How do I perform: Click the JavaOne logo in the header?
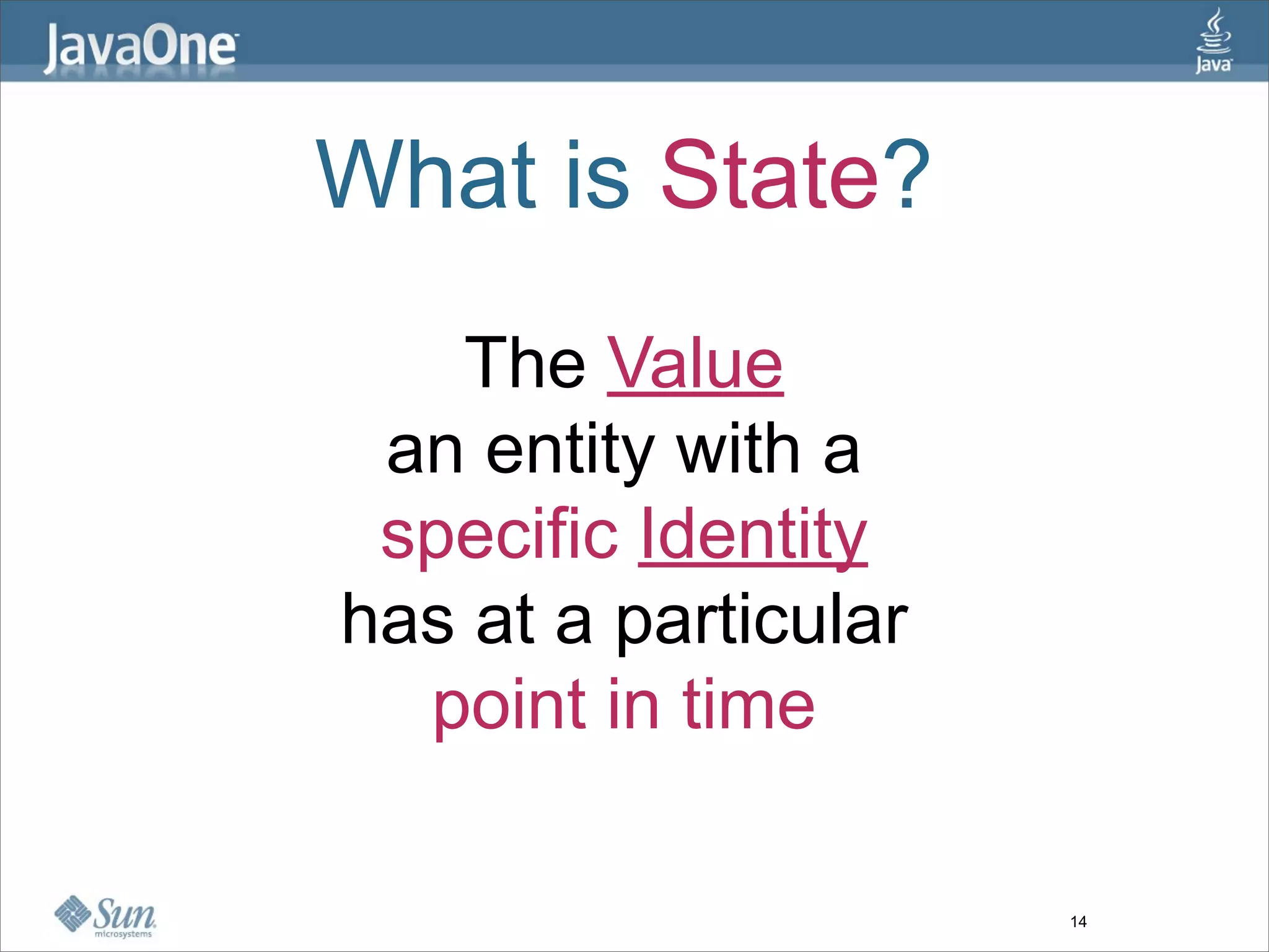(x=140, y=48)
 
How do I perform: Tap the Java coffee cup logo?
(x=1213, y=40)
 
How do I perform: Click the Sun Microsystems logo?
(x=105, y=916)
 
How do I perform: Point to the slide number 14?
(x=1078, y=922)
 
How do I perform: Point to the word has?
(x=397, y=620)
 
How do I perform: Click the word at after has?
(x=505, y=620)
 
